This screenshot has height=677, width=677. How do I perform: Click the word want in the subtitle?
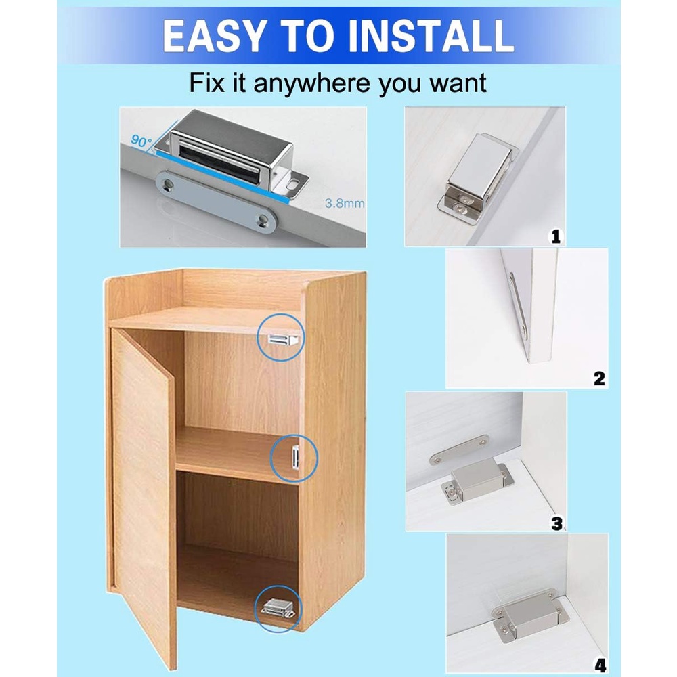(458, 83)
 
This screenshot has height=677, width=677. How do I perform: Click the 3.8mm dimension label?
(345, 203)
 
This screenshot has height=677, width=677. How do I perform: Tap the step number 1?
(556, 236)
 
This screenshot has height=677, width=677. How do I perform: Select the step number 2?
(599, 378)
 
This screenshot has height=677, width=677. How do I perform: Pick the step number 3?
(557, 523)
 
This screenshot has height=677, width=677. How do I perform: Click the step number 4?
(600, 665)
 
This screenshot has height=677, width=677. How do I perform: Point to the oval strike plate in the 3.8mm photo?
(216, 202)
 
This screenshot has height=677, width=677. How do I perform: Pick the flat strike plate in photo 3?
(459, 450)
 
